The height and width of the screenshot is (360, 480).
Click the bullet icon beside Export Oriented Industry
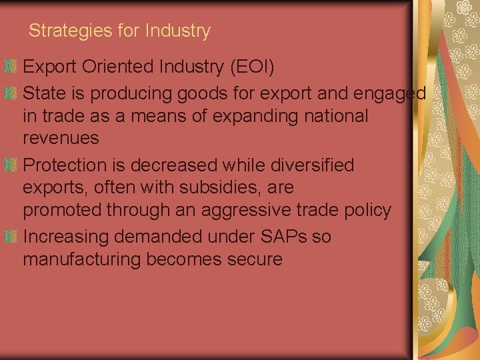coord(10,67)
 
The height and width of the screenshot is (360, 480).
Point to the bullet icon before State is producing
coord(10,94)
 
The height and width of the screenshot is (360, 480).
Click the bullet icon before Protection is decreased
coord(10,165)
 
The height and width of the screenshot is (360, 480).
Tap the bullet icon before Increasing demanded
coord(10,237)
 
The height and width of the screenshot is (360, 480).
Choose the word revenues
coord(61,139)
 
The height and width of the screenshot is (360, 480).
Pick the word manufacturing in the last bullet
coord(83,259)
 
